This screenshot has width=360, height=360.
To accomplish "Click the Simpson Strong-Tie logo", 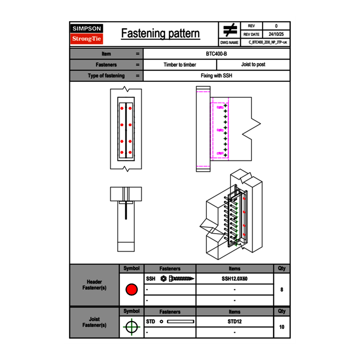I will (87, 34).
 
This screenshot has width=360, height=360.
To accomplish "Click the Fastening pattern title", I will (160, 34).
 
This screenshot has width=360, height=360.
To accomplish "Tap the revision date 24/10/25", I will (276, 34).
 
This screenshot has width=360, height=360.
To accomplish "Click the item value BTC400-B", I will (216, 54).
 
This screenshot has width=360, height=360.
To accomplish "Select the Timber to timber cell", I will (180, 65).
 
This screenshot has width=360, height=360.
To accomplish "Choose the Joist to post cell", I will (253, 65).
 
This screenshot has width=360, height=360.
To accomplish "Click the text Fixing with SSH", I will (216, 76).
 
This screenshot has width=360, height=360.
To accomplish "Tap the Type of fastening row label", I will (106, 76).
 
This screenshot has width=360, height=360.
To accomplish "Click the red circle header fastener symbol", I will (131, 290).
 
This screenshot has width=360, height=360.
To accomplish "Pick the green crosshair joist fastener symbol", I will (131, 327).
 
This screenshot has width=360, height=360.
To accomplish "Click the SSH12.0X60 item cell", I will (234, 279).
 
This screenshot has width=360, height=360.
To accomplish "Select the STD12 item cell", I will (234, 322).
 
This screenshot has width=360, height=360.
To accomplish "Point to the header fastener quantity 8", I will (281, 290).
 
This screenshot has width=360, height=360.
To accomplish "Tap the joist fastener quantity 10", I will (281, 327).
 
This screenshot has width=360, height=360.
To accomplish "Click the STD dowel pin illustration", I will (180, 322).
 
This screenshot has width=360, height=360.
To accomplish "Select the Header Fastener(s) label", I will (94, 285).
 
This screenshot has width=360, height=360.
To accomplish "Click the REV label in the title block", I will (251, 26).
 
